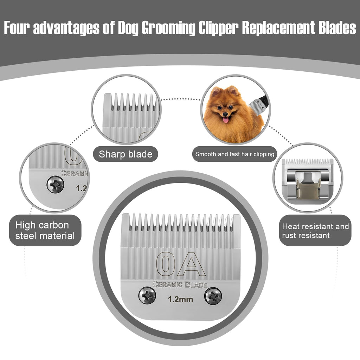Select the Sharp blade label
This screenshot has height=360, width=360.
pyautogui.click(x=126, y=154)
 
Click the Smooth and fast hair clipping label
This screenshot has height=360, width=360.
pyautogui.click(x=234, y=154)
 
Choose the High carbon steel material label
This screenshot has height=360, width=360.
pyautogui.click(x=45, y=231)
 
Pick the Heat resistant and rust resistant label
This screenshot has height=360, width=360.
pyautogui.click(x=315, y=231)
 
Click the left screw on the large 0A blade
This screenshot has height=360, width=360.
pyautogui.click(x=147, y=295)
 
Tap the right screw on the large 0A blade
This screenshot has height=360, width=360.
pyautogui.click(x=213, y=296)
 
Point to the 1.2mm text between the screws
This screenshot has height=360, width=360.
pyautogui.click(x=180, y=300)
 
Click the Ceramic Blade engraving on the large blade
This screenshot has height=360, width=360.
pyautogui.click(x=180, y=285)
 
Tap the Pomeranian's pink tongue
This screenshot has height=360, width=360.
pyautogui.click(x=226, y=120)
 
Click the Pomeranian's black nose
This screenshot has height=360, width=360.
pyautogui.click(x=225, y=114)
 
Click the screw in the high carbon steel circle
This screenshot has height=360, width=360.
pyautogui.click(x=55, y=184)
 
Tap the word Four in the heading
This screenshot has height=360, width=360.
pyautogui.click(x=17, y=28)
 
